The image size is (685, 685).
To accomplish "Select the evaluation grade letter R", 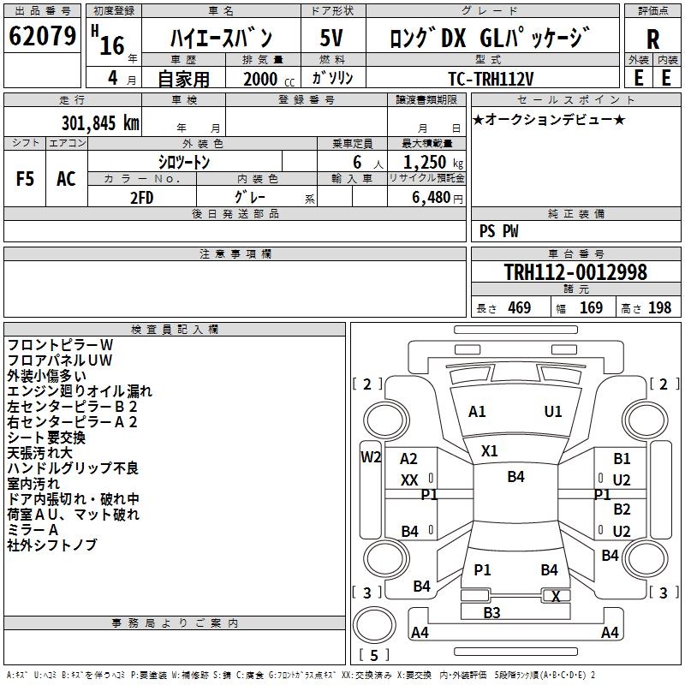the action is [x=652, y=38].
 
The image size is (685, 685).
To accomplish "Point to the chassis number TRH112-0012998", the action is [x=575, y=273].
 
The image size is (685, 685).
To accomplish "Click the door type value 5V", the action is [x=332, y=38].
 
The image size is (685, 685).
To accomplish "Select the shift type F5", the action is [x=25, y=179].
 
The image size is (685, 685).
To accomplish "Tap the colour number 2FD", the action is [x=142, y=197].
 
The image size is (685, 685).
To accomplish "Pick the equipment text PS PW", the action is [x=498, y=231].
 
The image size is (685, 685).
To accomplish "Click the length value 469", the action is [x=520, y=308].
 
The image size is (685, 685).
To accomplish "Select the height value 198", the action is [x=660, y=308].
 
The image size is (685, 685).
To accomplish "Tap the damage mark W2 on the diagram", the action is [x=370, y=456].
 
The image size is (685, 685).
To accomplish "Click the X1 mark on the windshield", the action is [x=489, y=450].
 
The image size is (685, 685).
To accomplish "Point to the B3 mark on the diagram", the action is [x=491, y=612].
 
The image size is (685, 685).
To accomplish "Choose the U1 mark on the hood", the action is [x=553, y=412].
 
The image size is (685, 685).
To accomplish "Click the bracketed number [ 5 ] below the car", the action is [x=373, y=655].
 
